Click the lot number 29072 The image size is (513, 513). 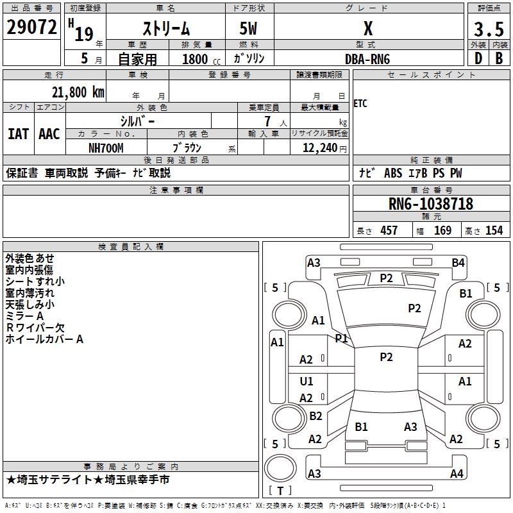point(31,27)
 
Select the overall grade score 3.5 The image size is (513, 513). point(489,29)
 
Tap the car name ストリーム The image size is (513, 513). point(165,28)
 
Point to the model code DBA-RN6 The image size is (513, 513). point(367,58)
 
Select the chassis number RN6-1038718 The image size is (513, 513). point(431,204)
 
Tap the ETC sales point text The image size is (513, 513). point(360,104)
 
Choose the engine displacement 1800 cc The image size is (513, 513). point(197,59)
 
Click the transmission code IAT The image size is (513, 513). point(18,134)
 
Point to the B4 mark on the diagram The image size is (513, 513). point(458,262)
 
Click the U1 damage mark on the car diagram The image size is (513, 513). point(307,382)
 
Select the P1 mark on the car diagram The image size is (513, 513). point(341,338)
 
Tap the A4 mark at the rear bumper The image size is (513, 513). point(457,474)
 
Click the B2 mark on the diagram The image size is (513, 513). point(315,416)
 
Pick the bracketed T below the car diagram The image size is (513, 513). point(280,491)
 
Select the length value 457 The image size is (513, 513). point(389,230)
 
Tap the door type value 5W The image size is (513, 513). point(249,28)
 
